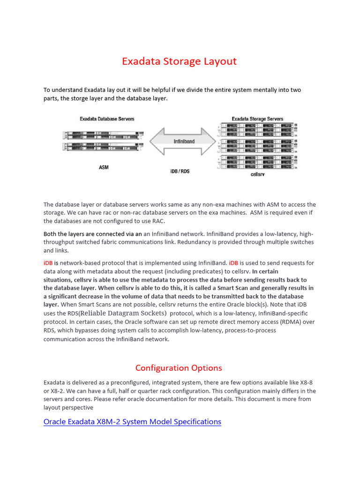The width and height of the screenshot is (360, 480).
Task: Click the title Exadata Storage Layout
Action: click(x=179, y=61)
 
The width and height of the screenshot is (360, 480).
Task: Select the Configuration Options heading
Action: click(x=179, y=367)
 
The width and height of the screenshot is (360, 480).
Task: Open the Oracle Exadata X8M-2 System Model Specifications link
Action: click(x=132, y=421)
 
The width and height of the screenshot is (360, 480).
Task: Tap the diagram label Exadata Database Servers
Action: click(x=107, y=119)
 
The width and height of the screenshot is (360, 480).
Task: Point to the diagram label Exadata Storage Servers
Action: click(x=257, y=119)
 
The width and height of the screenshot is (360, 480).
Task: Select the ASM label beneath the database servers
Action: click(x=104, y=167)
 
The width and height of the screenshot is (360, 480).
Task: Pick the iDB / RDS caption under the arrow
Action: click(x=179, y=172)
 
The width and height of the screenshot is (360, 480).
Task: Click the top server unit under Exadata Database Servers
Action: click(x=101, y=135)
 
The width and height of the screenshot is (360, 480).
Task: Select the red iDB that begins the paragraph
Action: click(x=48, y=263)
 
